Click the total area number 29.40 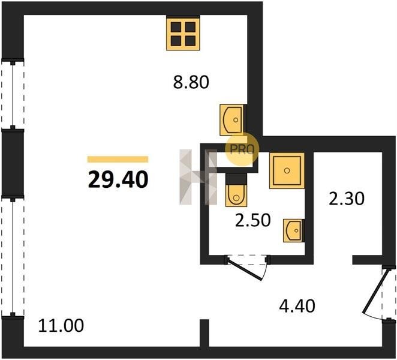[x=118, y=179]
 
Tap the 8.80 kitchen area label [x=191, y=82]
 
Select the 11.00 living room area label [x=61, y=326]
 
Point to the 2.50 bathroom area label [x=253, y=220]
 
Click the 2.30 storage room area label [x=347, y=199]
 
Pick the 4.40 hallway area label [x=297, y=306]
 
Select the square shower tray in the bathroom [x=287, y=171]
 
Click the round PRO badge [x=242, y=149]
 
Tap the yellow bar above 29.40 [x=118, y=159]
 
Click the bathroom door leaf [x=244, y=269]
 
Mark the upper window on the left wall [x=13, y=94]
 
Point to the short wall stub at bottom [x=204, y=332]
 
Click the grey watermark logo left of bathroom [x=198, y=177]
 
